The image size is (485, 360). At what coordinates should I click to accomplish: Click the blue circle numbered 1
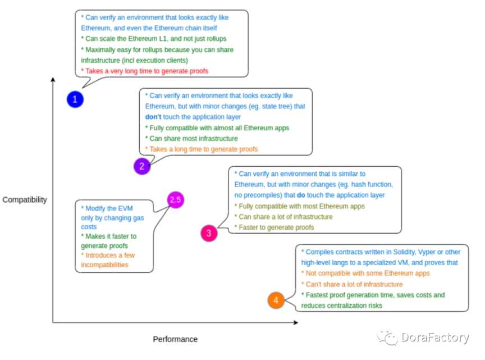[x=75, y=100]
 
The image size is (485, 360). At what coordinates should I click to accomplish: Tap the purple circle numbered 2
[x=142, y=166]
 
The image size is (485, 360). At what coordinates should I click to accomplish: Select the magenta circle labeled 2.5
[x=176, y=200]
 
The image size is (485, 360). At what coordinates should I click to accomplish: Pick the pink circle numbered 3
[x=209, y=233]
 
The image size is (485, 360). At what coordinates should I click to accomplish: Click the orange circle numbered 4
[x=276, y=300]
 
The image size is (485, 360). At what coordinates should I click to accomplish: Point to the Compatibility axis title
[x=24, y=199]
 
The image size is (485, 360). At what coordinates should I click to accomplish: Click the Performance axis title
[x=175, y=339]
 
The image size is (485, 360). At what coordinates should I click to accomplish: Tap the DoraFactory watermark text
[x=434, y=338]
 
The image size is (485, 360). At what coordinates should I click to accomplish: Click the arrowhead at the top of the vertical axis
[x=53, y=80]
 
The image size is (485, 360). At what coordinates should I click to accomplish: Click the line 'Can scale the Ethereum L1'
[x=148, y=39]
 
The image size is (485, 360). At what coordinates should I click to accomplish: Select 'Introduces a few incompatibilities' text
[x=108, y=259]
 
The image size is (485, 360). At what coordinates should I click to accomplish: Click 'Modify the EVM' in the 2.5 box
[x=107, y=207]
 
